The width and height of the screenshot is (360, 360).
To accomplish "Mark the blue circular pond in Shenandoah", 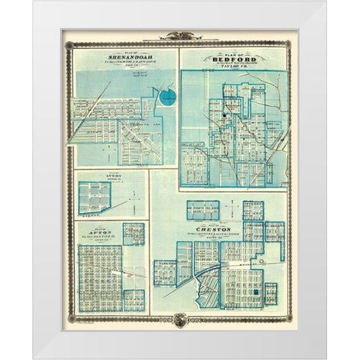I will pos(167,96).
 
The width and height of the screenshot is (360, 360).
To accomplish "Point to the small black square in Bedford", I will pos(223,114).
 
